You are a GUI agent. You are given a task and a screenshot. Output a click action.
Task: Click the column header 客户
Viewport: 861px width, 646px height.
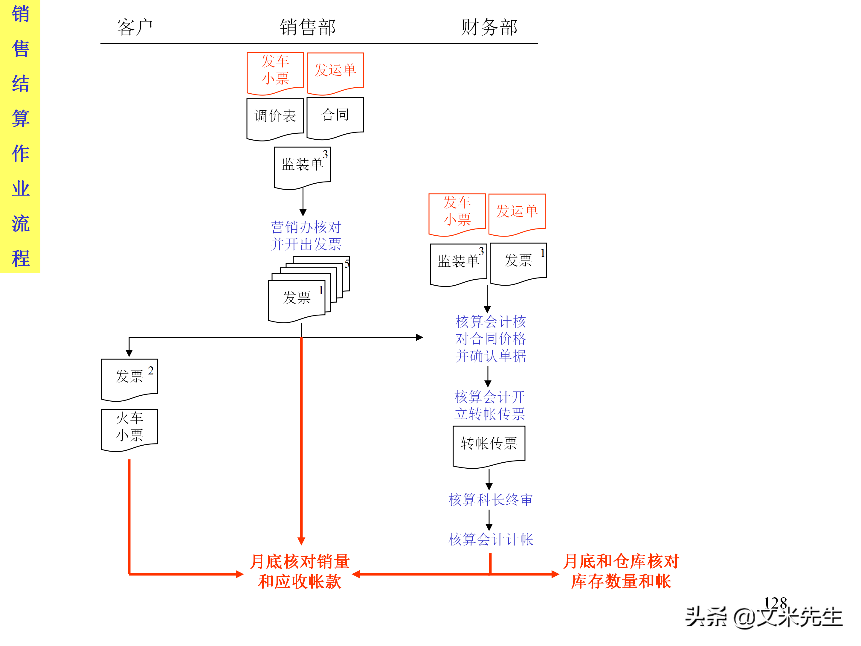[x=135, y=27]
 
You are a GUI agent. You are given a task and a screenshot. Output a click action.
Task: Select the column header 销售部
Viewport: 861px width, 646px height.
[x=308, y=27]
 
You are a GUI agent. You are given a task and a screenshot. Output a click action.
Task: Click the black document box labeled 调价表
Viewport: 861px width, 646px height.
[x=275, y=116]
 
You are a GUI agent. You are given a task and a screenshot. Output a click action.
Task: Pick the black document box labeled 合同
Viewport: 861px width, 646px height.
[x=335, y=115]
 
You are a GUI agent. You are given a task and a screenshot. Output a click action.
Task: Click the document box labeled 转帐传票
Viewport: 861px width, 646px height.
[x=489, y=444]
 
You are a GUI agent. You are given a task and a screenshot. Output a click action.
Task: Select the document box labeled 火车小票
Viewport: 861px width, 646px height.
[x=129, y=427]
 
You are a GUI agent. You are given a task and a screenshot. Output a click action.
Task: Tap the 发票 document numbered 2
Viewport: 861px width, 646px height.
[x=129, y=377]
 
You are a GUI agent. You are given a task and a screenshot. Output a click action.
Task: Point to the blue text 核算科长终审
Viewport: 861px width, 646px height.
[x=491, y=499]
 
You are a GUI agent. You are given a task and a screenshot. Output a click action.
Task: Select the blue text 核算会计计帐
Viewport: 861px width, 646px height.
[x=491, y=539]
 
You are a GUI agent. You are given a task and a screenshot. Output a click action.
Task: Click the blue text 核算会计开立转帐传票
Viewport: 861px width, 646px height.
[x=490, y=405]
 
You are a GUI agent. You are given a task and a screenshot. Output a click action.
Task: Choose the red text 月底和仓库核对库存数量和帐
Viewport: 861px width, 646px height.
[x=621, y=571]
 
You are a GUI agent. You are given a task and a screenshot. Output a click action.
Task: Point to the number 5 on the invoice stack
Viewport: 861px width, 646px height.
[x=347, y=264]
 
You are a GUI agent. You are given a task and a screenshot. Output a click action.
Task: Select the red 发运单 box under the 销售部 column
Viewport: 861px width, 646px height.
[x=335, y=71]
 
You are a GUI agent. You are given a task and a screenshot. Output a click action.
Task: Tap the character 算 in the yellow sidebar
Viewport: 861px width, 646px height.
[x=20, y=118]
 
